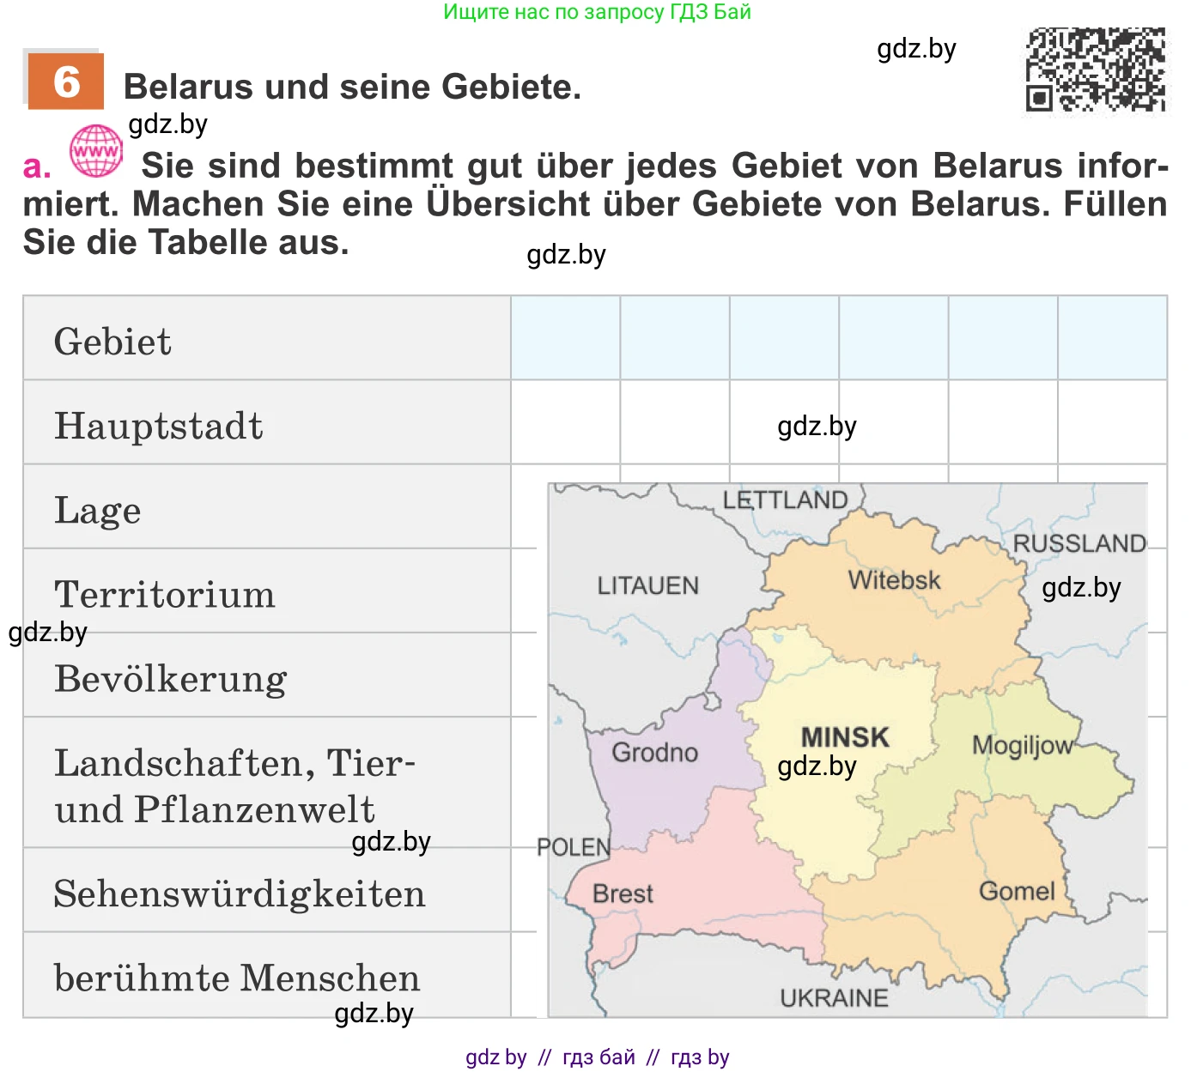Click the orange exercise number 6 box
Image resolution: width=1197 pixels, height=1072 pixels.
click(x=65, y=82)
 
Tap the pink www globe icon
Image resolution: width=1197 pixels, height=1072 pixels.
click(x=96, y=151)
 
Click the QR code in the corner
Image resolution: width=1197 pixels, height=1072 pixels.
click(x=1097, y=70)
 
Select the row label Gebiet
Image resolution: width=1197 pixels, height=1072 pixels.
click(x=112, y=342)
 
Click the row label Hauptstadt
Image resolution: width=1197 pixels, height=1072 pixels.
click(x=158, y=426)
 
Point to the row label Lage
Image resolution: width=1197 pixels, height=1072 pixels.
click(x=97, y=511)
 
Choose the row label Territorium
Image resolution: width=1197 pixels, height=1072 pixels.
click(x=164, y=594)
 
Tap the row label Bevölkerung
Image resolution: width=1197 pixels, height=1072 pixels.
click(x=170, y=679)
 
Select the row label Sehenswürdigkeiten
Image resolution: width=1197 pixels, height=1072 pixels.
click(x=239, y=893)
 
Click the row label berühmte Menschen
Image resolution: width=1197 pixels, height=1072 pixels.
click(x=236, y=978)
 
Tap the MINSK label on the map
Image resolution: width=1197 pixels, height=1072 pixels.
click(x=845, y=737)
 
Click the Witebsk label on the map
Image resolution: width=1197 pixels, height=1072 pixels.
click(x=894, y=580)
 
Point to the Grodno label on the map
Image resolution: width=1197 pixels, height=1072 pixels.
click(x=654, y=753)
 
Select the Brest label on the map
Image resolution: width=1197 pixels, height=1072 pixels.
click(x=623, y=893)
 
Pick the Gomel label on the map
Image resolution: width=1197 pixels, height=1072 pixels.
click(x=1017, y=891)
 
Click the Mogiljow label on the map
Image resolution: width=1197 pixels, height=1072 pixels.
click(x=1022, y=745)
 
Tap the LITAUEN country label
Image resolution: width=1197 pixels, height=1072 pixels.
click(x=648, y=585)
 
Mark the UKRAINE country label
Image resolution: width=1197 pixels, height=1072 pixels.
click(x=834, y=998)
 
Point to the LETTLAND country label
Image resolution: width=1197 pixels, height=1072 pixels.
click(x=785, y=500)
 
